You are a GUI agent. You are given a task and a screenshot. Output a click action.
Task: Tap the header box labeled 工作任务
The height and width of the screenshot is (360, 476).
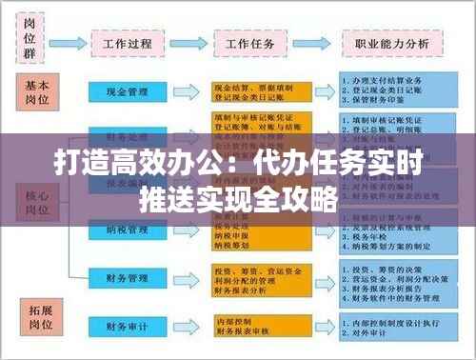coord(249,43)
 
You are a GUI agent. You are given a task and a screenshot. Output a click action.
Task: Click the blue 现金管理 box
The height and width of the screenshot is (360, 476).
coord(127,92)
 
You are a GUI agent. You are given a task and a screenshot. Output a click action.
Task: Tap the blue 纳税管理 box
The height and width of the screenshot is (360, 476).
coord(127,230)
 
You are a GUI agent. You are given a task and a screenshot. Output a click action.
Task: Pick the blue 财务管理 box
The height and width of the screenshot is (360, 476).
coord(127,277)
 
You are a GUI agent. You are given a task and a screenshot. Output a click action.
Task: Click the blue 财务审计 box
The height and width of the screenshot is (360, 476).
coord(127,326)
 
